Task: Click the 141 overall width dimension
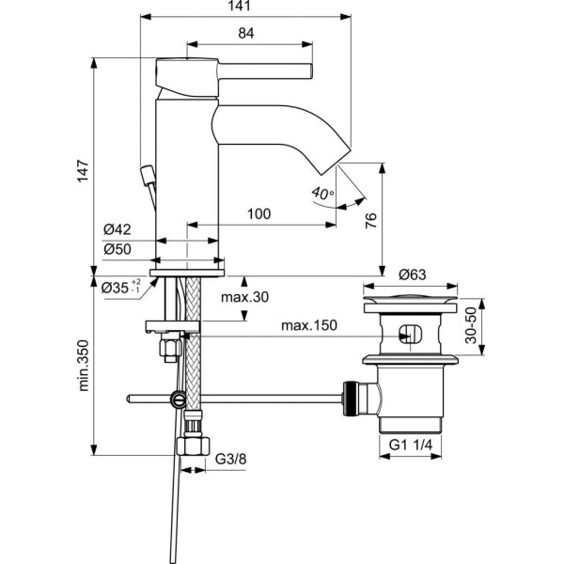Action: pyautogui.click(x=245, y=8)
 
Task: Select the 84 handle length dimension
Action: pyautogui.click(x=245, y=34)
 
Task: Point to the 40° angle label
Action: pyautogui.click(x=321, y=194)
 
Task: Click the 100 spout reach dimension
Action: pyautogui.click(x=258, y=214)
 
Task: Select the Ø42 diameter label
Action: pyautogui.click(x=117, y=229)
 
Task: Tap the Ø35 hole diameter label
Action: pyautogui.click(x=119, y=287)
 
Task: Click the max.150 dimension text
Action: pyautogui.click(x=311, y=325)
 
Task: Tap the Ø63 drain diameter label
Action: pyautogui.click(x=413, y=274)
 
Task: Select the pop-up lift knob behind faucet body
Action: pyautogui.click(x=146, y=175)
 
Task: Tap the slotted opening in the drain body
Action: pyautogui.click(x=411, y=334)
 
